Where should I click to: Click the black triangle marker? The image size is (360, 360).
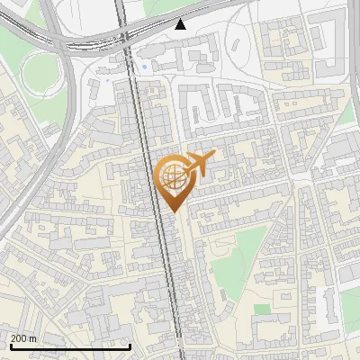tap(181, 24)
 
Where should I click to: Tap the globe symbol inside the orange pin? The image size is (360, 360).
tap(171, 175)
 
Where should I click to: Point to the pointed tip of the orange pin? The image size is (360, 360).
tap(172, 211)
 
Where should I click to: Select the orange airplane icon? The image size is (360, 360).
tap(199, 163)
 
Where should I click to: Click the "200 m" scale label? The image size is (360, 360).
tap(23, 338)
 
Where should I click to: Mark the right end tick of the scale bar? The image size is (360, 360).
tap(130, 346)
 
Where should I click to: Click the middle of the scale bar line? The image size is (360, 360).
tap(69, 346)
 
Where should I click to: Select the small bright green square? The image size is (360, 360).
tap(262, 309)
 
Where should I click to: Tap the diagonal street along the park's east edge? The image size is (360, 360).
tap(274, 243)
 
